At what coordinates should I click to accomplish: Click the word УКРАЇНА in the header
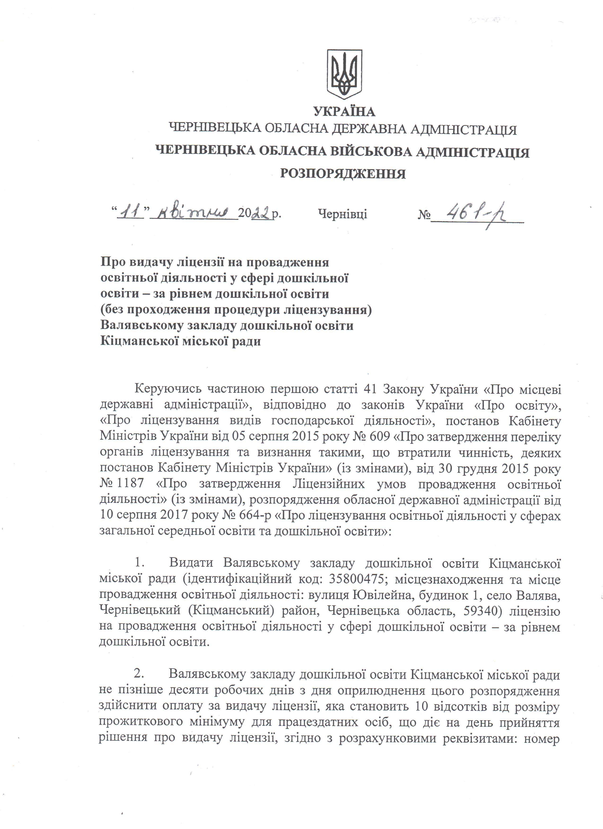pos(344,111)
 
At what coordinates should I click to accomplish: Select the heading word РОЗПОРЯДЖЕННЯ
pos(343,173)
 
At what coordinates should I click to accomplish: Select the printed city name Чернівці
pos(343,214)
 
